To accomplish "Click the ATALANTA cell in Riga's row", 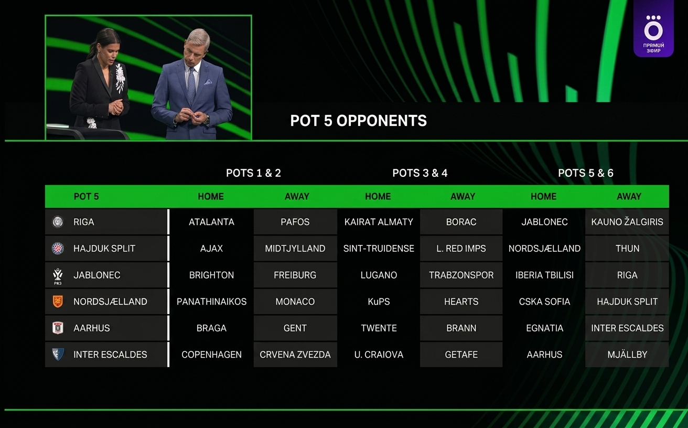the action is pyautogui.click(x=211, y=222).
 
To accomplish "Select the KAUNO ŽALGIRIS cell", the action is pyautogui.click(x=627, y=222).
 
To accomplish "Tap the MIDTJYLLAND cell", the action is pyautogui.click(x=295, y=248).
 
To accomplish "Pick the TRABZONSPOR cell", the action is pyautogui.click(x=461, y=275).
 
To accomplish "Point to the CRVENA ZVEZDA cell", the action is pyautogui.click(x=295, y=355).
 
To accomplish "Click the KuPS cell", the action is pyautogui.click(x=379, y=302).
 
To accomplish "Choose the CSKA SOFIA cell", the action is pyautogui.click(x=544, y=302).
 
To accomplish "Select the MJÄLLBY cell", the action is pyautogui.click(x=627, y=355).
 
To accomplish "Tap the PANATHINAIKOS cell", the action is pyautogui.click(x=211, y=302).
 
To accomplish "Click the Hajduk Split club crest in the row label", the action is pyautogui.click(x=58, y=248).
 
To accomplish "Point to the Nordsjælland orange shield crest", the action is pyautogui.click(x=58, y=302).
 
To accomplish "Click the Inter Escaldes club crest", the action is pyautogui.click(x=58, y=354).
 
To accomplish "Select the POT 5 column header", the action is pyautogui.click(x=87, y=196).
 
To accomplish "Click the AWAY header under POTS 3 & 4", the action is pyautogui.click(x=463, y=196).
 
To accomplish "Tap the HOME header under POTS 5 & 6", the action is pyautogui.click(x=543, y=196).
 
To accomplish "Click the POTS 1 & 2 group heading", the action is pyautogui.click(x=253, y=173).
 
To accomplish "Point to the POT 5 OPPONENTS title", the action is pyautogui.click(x=359, y=121).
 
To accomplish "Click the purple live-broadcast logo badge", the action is pyautogui.click(x=653, y=28).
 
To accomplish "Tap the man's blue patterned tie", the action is pyautogui.click(x=191, y=85).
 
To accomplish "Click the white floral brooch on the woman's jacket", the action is pyautogui.click(x=120, y=78).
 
